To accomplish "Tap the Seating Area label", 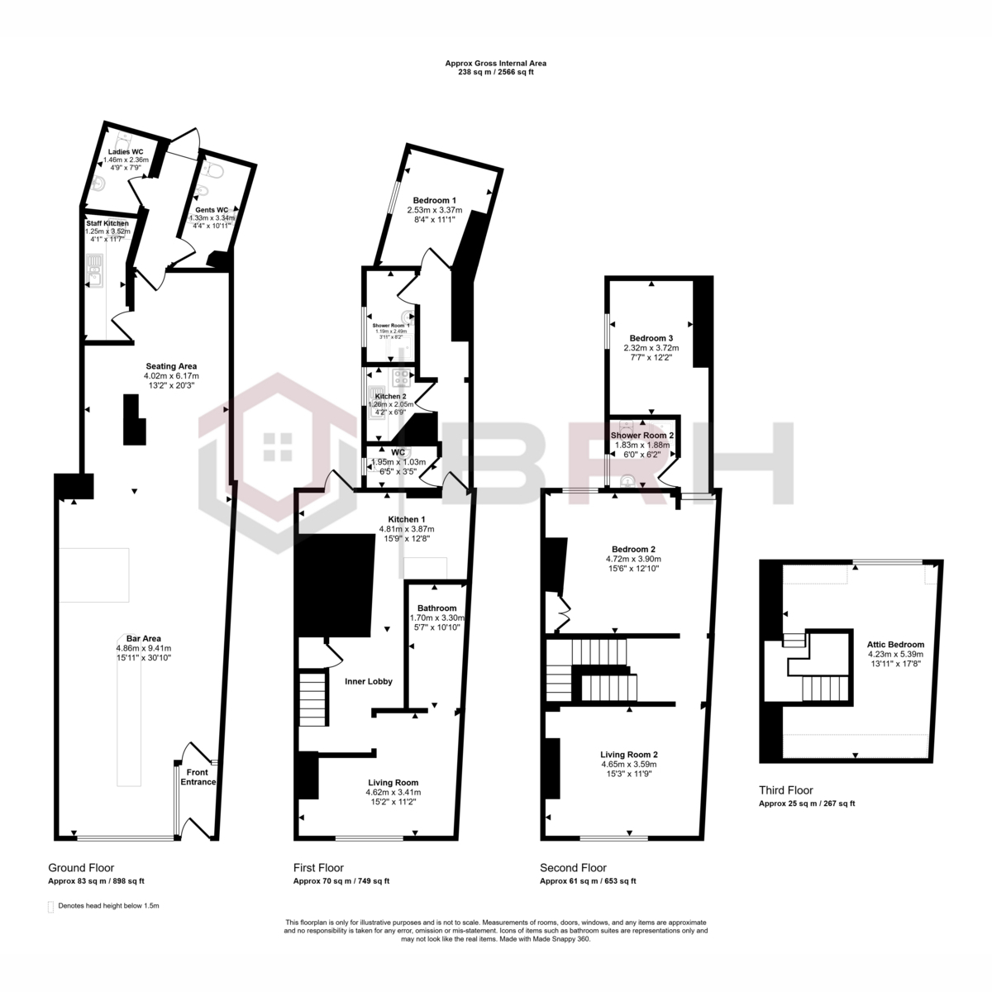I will (171, 366).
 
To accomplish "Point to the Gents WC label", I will (212, 210).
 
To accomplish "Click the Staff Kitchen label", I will (107, 223).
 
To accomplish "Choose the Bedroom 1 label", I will (435, 201).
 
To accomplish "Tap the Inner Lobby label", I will (368, 681).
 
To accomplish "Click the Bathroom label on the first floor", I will (436, 608).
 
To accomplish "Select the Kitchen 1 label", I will (406, 519).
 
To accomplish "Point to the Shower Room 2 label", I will (642, 435).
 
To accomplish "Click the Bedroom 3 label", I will (651, 338).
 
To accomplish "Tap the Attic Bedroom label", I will (895, 645).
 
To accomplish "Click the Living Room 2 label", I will (628, 755).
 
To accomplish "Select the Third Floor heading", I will (785, 790).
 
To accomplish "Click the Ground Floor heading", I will (79, 868).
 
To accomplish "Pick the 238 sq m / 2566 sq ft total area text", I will (496, 72).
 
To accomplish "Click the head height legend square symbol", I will (51, 906).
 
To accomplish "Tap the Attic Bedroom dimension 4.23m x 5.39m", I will (895, 654).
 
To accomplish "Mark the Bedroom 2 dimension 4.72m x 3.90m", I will (633, 559).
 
